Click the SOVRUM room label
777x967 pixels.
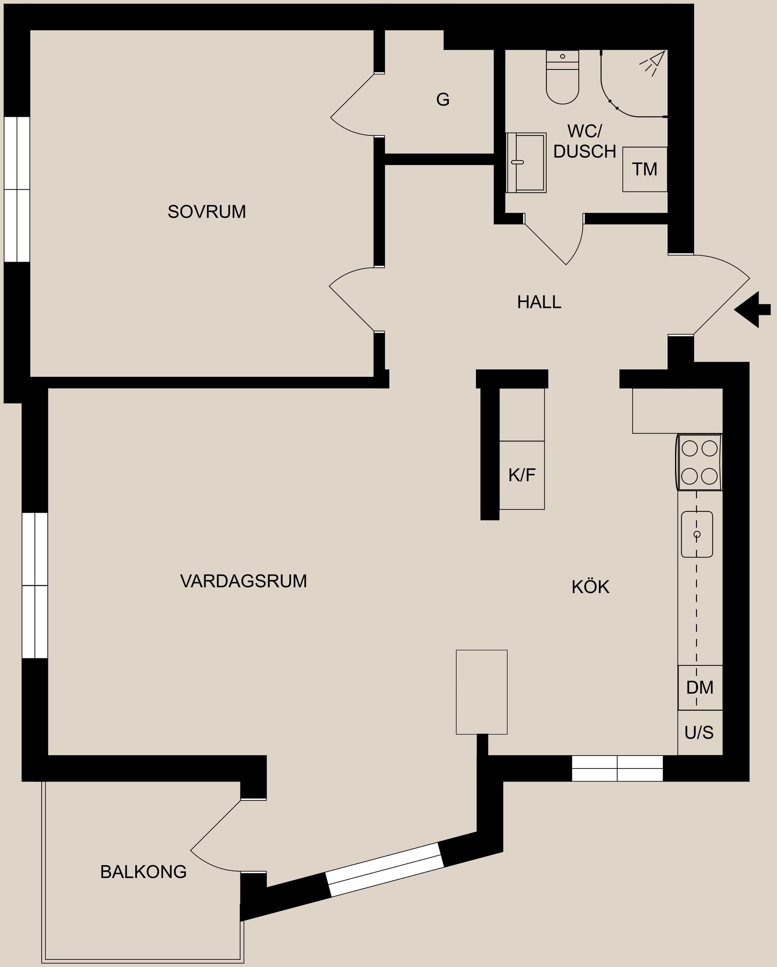[x=206, y=212]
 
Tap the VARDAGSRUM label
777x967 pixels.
[x=243, y=581]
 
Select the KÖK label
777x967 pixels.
[x=590, y=587]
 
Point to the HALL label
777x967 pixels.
[x=539, y=302]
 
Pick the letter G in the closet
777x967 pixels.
[x=443, y=99]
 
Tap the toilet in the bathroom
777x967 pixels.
[x=562, y=81]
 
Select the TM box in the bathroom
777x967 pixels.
[x=645, y=169]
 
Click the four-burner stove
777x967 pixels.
[x=699, y=462]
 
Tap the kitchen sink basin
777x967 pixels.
[x=696, y=534]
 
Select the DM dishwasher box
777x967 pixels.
[x=700, y=688]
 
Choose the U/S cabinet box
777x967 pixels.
[x=699, y=733]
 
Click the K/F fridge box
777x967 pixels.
[x=522, y=475]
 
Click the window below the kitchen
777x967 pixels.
[x=617, y=769]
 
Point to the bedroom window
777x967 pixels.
[x=17, y=189]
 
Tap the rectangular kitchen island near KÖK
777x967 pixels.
[x=481, y=692]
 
